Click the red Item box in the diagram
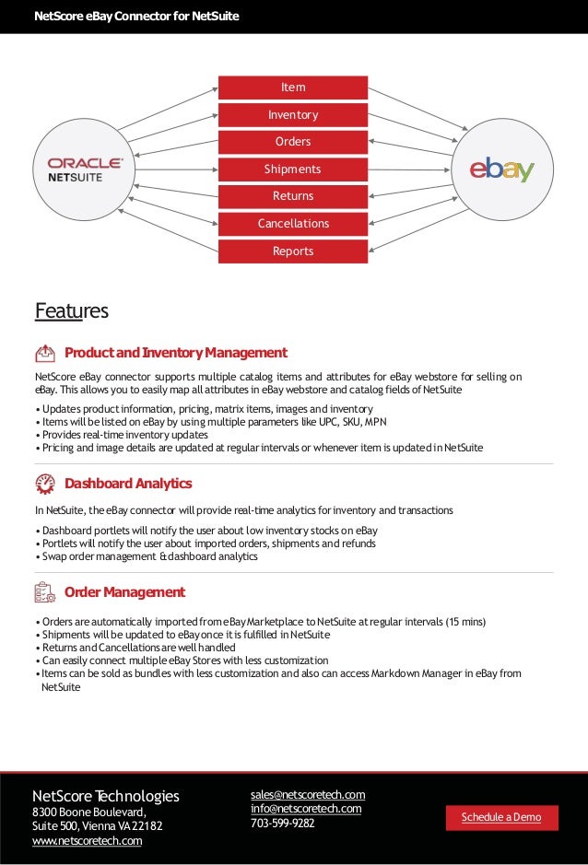pos(293,88)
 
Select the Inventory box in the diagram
pos(293,115)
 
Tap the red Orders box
pos(293,142)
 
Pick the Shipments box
pos(293,169)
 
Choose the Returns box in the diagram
pos(293,196)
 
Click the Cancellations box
pos(293,224)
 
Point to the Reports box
pos(293,251)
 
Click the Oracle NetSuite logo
pos(85,169)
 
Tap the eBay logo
pos(502,169)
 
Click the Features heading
pos(71,311)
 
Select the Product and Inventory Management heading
pos(175,353)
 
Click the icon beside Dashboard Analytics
pos(45,484)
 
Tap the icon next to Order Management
pos(45,592)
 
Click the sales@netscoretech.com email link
pos(308,795)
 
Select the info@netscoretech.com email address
pos(306,809)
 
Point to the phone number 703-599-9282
pos(283,824)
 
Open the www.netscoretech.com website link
pos(88,840)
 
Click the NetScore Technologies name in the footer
pos(106,796)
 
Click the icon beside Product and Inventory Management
pos(45,353)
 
